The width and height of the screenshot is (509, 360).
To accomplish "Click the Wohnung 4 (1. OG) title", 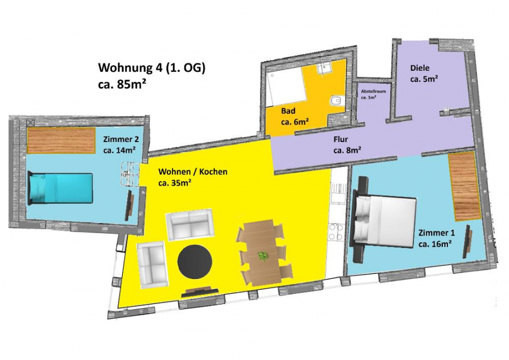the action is tap(152, 68).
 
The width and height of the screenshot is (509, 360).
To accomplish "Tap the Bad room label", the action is tap(288, 111).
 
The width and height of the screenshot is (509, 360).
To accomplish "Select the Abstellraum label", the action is tap(373, 91).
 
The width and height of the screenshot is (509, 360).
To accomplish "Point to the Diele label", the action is tap(420, 68).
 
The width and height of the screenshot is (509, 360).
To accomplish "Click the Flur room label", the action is tap(340, 139).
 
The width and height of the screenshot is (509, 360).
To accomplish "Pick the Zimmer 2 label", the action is tap(121, 139).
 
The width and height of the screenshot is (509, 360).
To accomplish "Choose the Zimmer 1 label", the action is tap(436, 233).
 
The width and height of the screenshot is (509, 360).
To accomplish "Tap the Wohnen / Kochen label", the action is tap(192, 172).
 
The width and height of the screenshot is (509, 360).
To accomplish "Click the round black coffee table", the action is tap(195, 262).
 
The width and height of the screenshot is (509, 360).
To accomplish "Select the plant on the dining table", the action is tap(263, 256).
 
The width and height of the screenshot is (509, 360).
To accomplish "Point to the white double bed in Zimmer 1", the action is tap(383, 220).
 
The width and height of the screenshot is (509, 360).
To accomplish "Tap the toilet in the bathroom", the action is tap(336, 101).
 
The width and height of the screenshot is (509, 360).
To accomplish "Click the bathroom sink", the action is tap(323, 67).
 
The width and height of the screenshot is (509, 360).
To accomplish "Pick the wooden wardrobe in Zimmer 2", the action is tap(61, 140).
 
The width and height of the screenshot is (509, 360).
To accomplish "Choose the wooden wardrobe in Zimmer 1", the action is tap(464, 186).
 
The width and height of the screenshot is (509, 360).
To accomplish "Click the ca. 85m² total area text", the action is tap(122, 84).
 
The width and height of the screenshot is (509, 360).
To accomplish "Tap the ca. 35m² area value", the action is tap(174, 183).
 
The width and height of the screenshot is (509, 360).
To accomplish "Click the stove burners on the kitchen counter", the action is tap(336, 232).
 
